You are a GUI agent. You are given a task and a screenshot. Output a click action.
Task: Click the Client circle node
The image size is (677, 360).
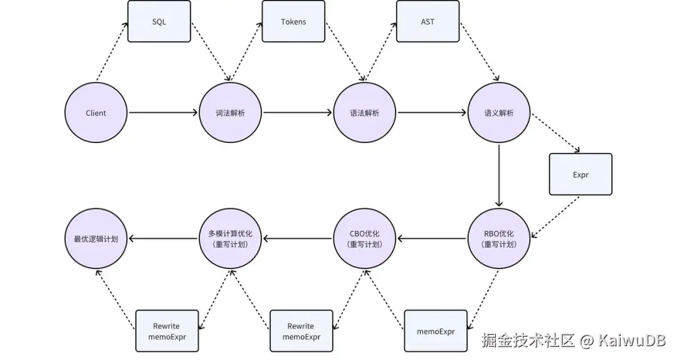[x=96, y=113]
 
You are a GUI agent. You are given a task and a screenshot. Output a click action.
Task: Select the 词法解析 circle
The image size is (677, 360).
[x=230, y=113]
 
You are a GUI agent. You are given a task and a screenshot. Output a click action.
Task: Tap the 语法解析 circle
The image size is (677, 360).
[x=364, y=113]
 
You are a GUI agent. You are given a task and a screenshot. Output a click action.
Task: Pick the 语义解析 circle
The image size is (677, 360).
[x=499, y=113]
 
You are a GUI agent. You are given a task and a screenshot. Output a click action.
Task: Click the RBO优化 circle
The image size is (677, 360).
[x=499, y=238]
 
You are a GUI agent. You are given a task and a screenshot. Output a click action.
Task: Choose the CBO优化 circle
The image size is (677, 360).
[x=364, y=238]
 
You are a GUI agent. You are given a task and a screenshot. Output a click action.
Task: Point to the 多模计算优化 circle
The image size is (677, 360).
[x=230, y=238]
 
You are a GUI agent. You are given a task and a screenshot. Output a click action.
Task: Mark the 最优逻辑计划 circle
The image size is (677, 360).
[x=96, y=238]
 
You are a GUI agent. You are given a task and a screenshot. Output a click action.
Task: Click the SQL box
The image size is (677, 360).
[x=159, y=21]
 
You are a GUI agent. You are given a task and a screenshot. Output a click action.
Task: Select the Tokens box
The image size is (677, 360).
[x=293, y=21]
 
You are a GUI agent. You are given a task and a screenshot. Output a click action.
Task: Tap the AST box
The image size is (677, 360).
[x=428, y=21]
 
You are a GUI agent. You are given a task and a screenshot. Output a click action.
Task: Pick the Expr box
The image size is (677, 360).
[x=580, y=174]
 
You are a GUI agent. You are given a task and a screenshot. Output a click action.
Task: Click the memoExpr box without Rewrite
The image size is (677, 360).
[x=436, y=331]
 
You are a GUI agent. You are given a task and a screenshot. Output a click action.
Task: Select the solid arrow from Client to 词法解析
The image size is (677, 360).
[x=163, y=113]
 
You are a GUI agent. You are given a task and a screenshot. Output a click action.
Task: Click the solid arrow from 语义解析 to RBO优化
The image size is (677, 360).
[x=499, y=176]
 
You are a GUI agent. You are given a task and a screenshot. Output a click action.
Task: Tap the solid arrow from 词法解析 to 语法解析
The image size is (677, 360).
[x=297, y=113]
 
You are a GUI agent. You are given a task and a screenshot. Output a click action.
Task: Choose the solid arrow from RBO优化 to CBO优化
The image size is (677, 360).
[x=433, y=238]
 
